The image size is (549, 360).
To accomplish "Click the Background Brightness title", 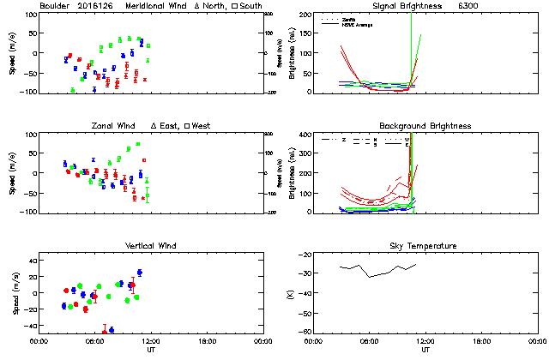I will [x=425, y=126].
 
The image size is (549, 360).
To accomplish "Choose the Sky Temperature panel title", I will [x=425, y=246].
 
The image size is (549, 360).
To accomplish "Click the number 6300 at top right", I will [x=493, y=6].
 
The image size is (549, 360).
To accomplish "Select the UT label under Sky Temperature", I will [x=425, y=350].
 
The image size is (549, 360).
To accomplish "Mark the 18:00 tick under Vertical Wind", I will [x=205, y=341].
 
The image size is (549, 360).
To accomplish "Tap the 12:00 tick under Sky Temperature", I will [x=425, y=341].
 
